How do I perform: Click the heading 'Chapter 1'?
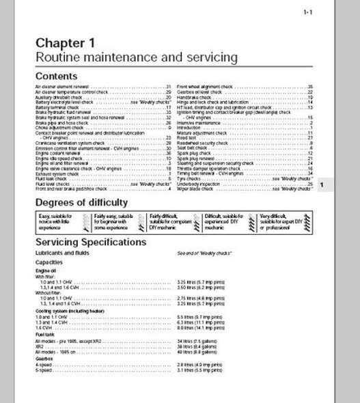(x=66, y=42)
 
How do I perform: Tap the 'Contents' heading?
(x=56, y=77)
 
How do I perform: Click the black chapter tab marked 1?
(x=323, y=184)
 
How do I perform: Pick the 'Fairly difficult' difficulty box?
(x=171, y=221)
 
